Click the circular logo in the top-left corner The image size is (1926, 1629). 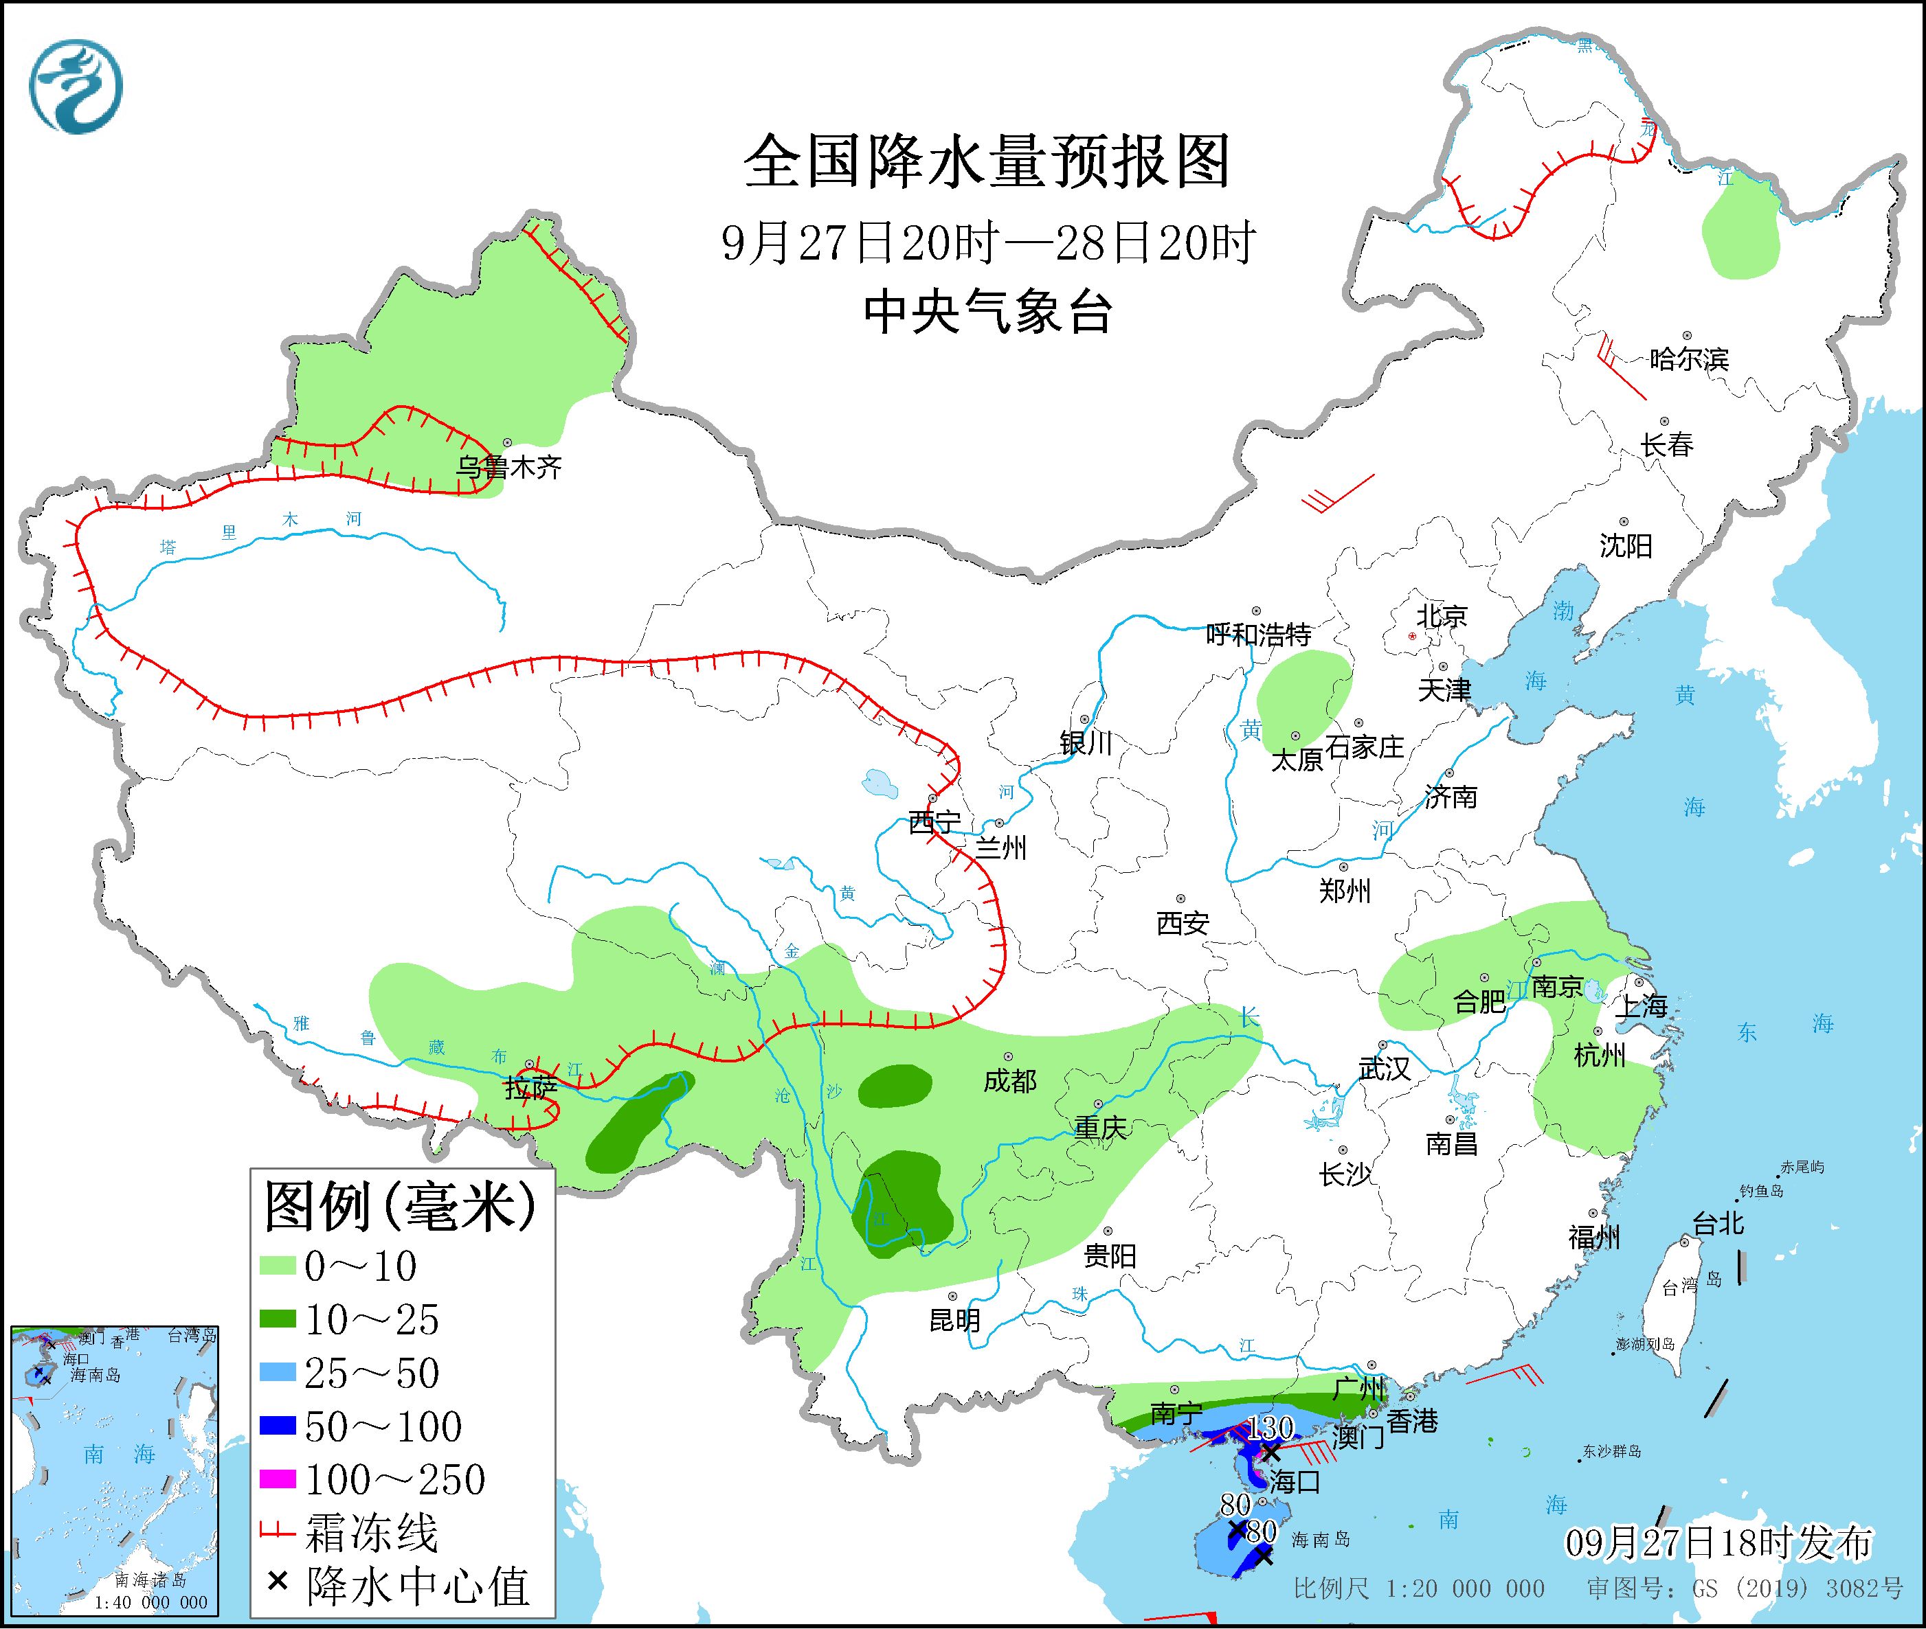[x=76, y=87]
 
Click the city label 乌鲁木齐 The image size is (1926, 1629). [x=509, y=467]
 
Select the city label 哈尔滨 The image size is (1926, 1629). [x=1688, y=359]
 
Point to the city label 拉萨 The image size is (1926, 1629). [x=531, y=1088]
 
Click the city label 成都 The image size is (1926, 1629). [x=1009, y=1080]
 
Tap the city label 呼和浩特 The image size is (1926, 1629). [x=1258, y=635]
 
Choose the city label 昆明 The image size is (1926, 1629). [x=954, y=1321]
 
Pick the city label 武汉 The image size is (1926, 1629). [x=1384, y=1069]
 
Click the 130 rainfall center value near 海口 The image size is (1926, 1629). [x=1271, y=1428]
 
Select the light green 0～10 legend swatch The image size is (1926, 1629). [x=278, y=1266]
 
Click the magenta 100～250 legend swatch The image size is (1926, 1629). [x=278, y=1481]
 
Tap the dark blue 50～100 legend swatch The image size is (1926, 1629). [x=278, y=1427]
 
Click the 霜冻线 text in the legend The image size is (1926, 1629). [x=371, y=1534]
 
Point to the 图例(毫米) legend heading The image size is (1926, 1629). [x=399, y=1207]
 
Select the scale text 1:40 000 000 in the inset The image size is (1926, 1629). [x=150, y=1602]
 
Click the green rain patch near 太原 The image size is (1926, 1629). [x=1303, y=698]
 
